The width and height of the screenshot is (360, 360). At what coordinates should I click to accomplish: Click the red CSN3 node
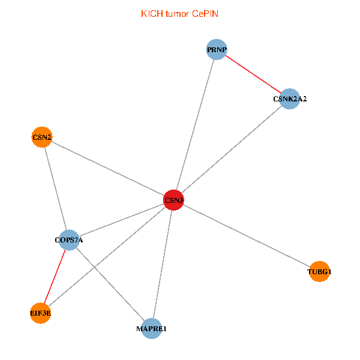pyautogui.click(x=173, y=200)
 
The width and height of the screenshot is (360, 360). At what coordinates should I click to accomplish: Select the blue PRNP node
pyautogui.click(x=216, y=50)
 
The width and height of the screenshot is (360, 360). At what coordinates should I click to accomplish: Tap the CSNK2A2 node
pyautogui.click(x=289, y=98)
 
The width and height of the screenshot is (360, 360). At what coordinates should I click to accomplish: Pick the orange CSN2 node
pyautogui.click(x=41, y=137)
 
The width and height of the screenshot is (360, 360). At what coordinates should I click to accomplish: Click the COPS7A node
pyautogui.click(x=70, y=241)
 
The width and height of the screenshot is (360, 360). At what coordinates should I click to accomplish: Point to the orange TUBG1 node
pyautogui.click(x=319, y=272)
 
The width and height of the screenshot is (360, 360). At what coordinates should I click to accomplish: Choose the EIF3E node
pyautogui.click(x=40, y=313)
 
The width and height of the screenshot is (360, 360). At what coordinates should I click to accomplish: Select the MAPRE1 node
pyautogui.click(x=151, y=328)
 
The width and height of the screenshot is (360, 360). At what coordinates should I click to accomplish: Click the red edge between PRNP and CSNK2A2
pyautogui.click(x=253, y=74)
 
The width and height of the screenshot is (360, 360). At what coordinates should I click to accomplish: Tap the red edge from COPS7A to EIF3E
pyautogui.click(x=55, y=277)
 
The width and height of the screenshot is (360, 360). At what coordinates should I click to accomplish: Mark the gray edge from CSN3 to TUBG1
pyautogui.click(x=246, y=236)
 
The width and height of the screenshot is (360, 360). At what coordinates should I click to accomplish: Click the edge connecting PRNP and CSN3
pyautogui.click(x=195, y=125)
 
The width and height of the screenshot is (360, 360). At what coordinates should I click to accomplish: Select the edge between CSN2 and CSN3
pyautogui.click(x=107, y=169)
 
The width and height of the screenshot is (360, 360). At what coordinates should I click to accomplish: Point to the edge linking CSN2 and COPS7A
pyautogui.click(x=55, y=189)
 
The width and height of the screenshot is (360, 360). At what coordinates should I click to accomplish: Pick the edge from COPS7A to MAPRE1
pyautogui.click(x=110, y=284)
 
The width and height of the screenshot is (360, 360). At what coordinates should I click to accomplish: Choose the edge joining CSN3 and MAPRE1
pyautogui.click(x=163, y=264)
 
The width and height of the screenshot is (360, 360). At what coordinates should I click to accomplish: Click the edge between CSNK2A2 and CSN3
pyautogui.click(x=231, y=149)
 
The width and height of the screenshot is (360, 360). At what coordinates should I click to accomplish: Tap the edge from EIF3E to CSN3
pyautogui.click(x=107, y=256)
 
